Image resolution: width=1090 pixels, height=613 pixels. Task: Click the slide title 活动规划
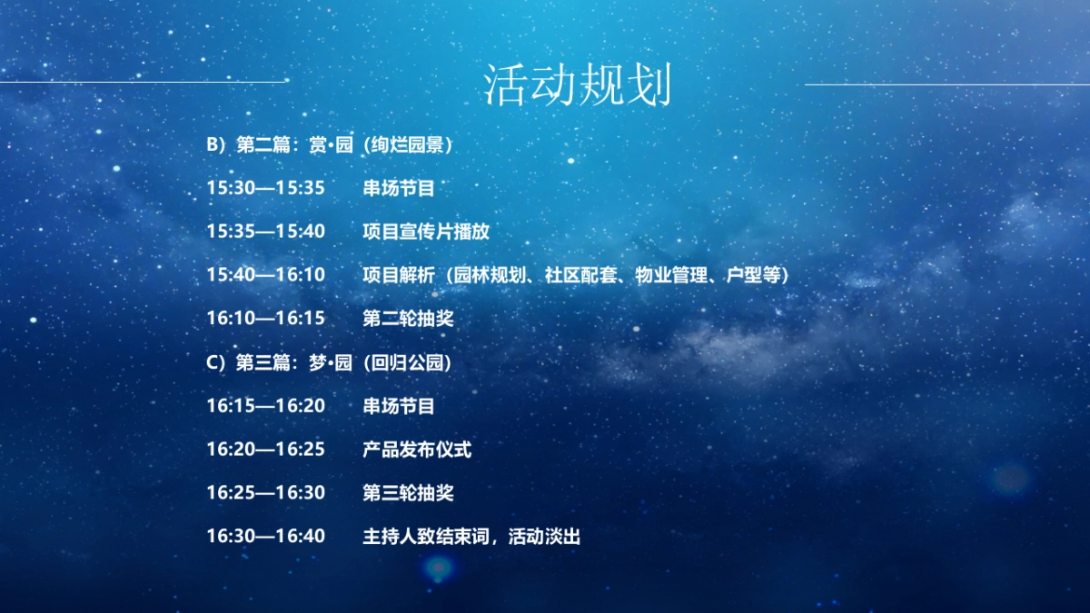(x=577, y=86)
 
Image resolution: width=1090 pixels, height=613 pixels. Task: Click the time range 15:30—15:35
(x=265, y=188)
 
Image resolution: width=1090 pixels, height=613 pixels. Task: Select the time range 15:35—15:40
(x=265, y=232)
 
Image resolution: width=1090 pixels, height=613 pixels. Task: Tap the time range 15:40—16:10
(x=265, y=275)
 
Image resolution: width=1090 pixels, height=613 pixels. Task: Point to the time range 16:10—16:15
(x=265, y=319)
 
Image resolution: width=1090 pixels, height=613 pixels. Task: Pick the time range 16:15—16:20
(x=265, y=406)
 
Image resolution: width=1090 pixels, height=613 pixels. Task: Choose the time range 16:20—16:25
(x=265, y=450)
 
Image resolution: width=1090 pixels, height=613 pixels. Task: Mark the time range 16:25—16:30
(x=265, y=493)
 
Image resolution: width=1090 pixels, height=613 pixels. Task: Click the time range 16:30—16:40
(x=265, y=537)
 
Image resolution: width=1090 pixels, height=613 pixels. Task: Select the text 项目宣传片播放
(x=426, y=232)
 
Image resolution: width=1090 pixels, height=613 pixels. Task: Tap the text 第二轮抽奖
(x=408, y=319)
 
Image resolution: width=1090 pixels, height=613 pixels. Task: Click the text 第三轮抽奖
(x=408, y=493)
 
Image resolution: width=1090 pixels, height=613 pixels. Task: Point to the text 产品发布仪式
(x=417, y=450)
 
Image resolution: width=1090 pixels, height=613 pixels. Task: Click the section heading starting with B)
(x=329, y=144)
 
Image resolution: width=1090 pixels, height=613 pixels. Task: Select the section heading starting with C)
(x=329, y=362)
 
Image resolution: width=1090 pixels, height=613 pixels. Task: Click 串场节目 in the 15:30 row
(x=399, y=188)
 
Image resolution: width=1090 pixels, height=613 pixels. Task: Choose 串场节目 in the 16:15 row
(x=399, y=406)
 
